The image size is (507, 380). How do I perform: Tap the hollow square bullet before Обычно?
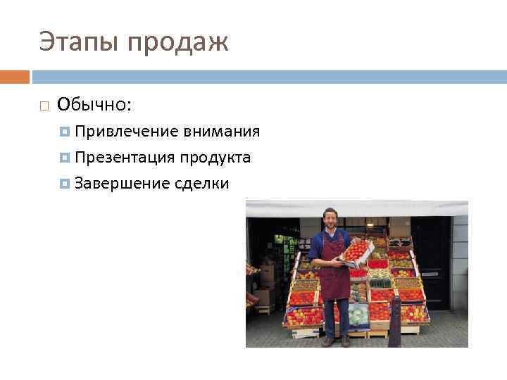tap(44, 106)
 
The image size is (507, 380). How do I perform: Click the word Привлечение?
tap(127, 132)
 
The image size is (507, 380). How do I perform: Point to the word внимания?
tap(221, 132)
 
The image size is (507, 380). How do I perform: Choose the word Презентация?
tap(125, 158)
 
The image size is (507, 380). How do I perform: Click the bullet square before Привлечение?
tap(65, 132)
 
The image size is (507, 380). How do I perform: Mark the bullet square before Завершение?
tap(65, 184)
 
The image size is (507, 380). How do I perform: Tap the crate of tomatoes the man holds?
tap(356, 251)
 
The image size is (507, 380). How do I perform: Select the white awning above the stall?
tap(356, 208)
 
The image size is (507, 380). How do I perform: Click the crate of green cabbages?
tap(358, 314)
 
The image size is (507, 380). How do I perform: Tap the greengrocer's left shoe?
tap(345, 341)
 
